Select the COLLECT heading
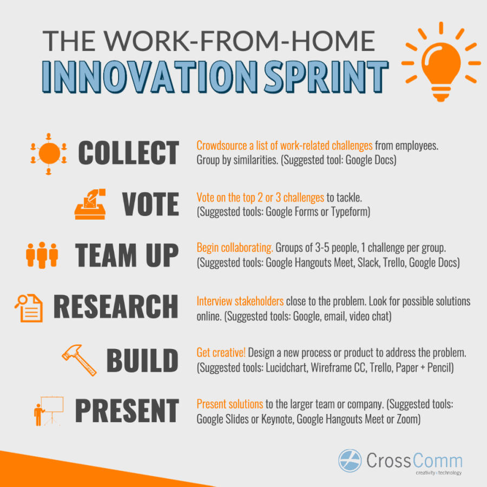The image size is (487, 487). (129, 153)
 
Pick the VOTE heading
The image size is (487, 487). (150, 205)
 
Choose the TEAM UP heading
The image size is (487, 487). (127, 255)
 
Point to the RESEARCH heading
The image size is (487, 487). (115, 307)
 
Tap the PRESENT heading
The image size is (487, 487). (127, 411)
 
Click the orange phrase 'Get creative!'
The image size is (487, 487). (221, 353)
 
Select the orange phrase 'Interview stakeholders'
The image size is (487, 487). (240, 301)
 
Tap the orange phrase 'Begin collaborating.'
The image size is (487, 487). (234, 248)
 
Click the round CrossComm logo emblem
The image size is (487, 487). (350, 460)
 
